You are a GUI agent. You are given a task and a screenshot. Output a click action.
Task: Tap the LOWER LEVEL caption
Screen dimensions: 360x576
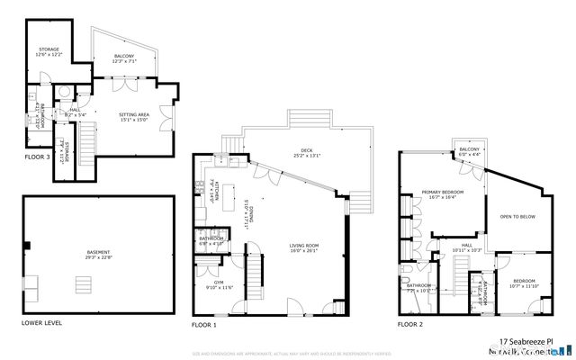point(42,321)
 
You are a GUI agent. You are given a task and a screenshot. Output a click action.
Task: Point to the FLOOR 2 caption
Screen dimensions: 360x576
point(409,322)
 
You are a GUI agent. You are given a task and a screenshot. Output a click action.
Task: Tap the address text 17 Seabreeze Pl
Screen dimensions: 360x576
point(539,342)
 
